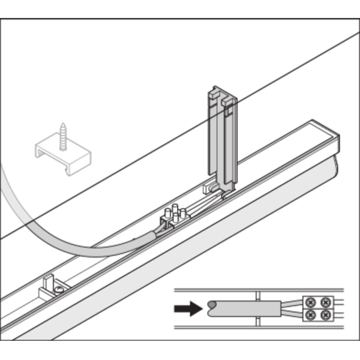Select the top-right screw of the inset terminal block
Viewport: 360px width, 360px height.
pos(325,302)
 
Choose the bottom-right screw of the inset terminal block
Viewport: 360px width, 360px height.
pos(325,315)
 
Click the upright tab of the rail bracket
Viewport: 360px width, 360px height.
pos(49,281)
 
